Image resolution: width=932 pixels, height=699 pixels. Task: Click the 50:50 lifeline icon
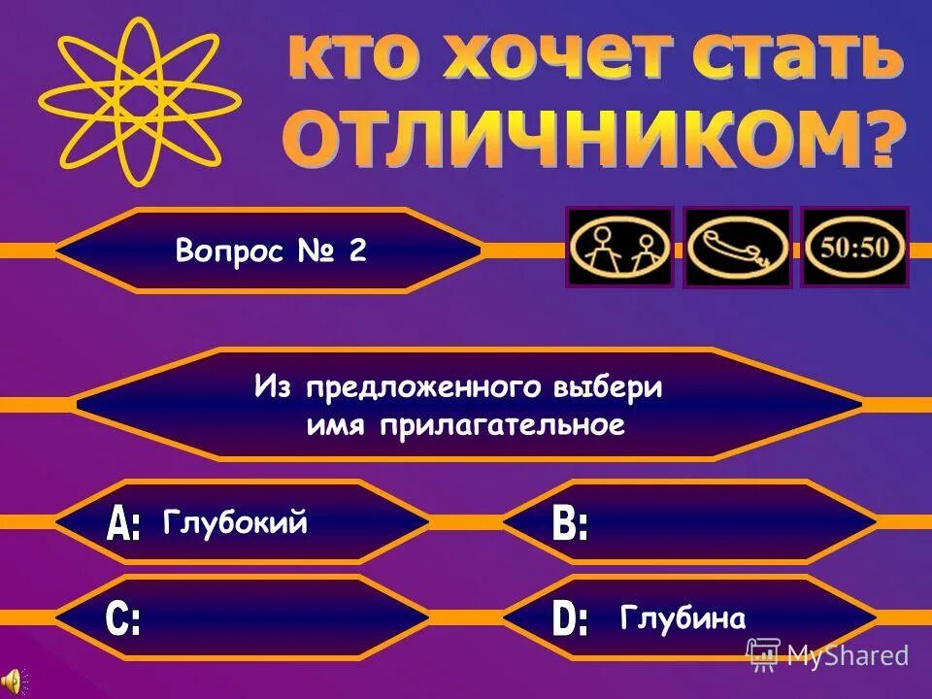click(854, 247)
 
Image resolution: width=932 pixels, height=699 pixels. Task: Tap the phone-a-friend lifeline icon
click(738, 247)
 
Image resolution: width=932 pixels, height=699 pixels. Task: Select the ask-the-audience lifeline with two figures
click(619, 247)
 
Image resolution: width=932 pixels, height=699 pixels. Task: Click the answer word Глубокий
click(236, 523)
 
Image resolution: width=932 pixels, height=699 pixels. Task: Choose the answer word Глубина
click(682, 618)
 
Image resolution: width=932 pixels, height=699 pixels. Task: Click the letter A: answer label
click(124, 525)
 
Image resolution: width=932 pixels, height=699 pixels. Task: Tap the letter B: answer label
click(570, 525)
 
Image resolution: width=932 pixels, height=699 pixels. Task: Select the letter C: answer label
click(123, 619)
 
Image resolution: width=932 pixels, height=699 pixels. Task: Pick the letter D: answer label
click(570, 619)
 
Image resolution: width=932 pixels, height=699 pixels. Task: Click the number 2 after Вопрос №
click(357, 250)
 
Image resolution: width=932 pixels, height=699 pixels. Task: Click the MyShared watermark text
click(847, 655)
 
